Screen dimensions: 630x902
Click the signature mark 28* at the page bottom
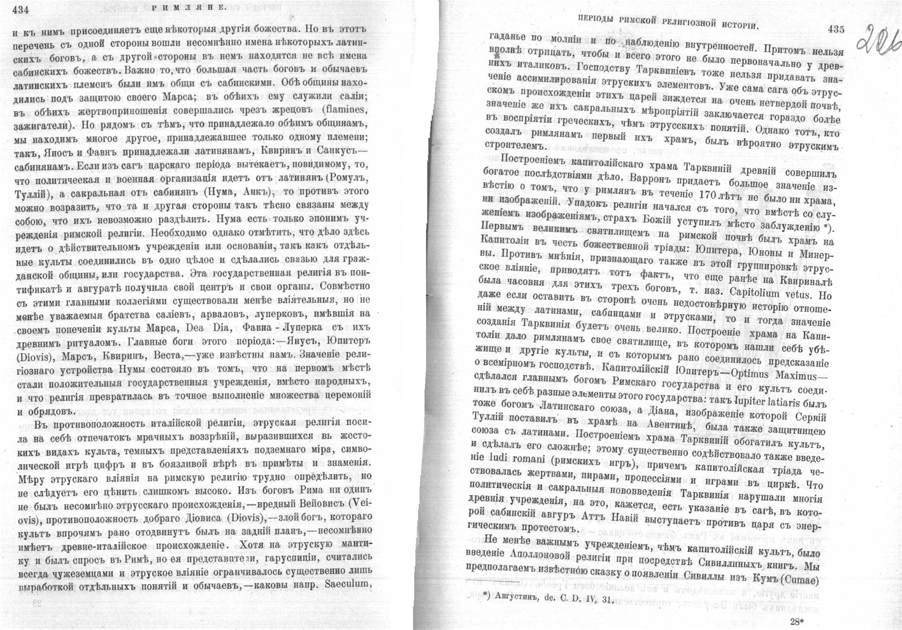(x=797, y=621)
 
